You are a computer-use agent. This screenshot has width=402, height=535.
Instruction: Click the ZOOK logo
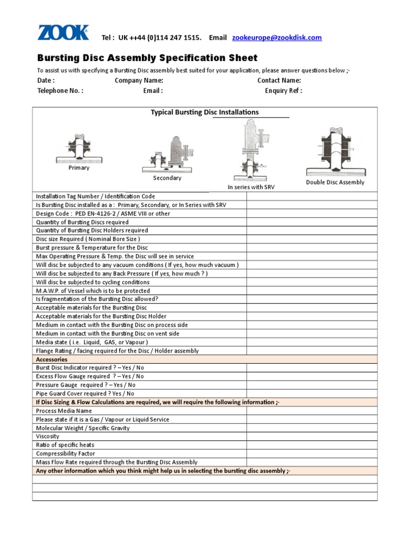point(63,32)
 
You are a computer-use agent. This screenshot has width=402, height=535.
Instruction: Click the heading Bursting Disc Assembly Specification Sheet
point(147,58)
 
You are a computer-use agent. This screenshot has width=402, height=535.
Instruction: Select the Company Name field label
point(139,80)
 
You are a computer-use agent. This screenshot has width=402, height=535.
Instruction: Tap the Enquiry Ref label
point(283,90)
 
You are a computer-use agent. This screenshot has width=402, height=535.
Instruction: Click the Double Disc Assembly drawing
point(335,152)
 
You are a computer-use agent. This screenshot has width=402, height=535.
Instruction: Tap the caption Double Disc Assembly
point(335,182)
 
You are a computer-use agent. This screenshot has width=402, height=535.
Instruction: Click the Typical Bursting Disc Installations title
point(205,112)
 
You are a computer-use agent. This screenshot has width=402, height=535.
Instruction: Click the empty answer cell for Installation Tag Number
point(311,196)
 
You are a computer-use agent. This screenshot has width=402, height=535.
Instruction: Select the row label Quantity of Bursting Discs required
point(82,222)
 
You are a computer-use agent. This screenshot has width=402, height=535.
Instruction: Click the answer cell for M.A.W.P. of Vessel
point(311,290)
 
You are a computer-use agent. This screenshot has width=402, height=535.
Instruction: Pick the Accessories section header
point(51,359)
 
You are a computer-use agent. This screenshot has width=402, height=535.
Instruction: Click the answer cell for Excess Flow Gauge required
point(311,376)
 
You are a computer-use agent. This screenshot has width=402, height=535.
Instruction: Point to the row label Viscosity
point(48,436)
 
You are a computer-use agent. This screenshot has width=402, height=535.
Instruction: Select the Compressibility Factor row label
point(65,453)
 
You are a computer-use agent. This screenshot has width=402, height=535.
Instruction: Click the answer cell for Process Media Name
point(311,411)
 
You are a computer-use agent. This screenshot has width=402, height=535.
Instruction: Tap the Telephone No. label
point(60,90)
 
